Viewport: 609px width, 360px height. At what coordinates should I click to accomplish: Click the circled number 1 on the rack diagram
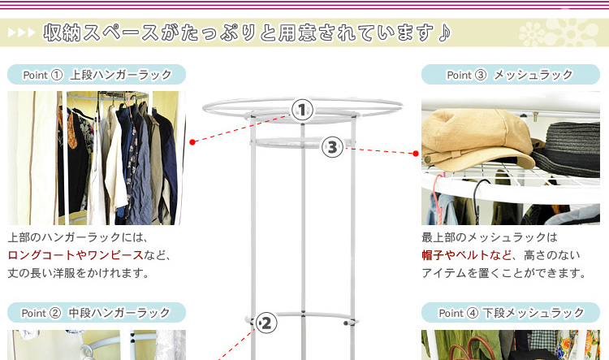coord(302,110)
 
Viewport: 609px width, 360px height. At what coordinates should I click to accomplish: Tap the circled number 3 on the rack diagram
coord(332,147)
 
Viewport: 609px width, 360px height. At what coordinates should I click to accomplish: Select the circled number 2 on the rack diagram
coord(266,323)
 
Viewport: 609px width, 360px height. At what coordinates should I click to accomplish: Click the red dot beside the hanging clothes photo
coord(192,142)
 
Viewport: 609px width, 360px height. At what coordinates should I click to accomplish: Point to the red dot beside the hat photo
coord(416,154)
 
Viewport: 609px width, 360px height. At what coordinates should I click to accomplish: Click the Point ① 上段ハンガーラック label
coord(97,74)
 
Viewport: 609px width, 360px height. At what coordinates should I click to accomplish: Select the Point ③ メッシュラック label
coord(511,74)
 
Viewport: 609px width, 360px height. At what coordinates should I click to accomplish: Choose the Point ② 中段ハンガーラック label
coord(97,313)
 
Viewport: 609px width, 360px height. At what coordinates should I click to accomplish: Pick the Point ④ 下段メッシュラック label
coord(511,313)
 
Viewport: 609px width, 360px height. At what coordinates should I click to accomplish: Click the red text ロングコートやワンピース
coord(76,255)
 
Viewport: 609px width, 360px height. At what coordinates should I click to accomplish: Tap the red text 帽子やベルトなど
coord(466,255)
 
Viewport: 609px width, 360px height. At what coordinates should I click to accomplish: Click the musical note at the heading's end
coord(444,33)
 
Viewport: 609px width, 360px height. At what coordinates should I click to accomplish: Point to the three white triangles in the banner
coord(22,33)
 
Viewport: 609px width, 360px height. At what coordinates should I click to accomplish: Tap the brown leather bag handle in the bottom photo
coord(472,347)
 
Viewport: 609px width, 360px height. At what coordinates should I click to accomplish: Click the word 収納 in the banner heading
coord(63,33)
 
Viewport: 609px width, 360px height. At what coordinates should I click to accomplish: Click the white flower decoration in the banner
coord(559,33)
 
